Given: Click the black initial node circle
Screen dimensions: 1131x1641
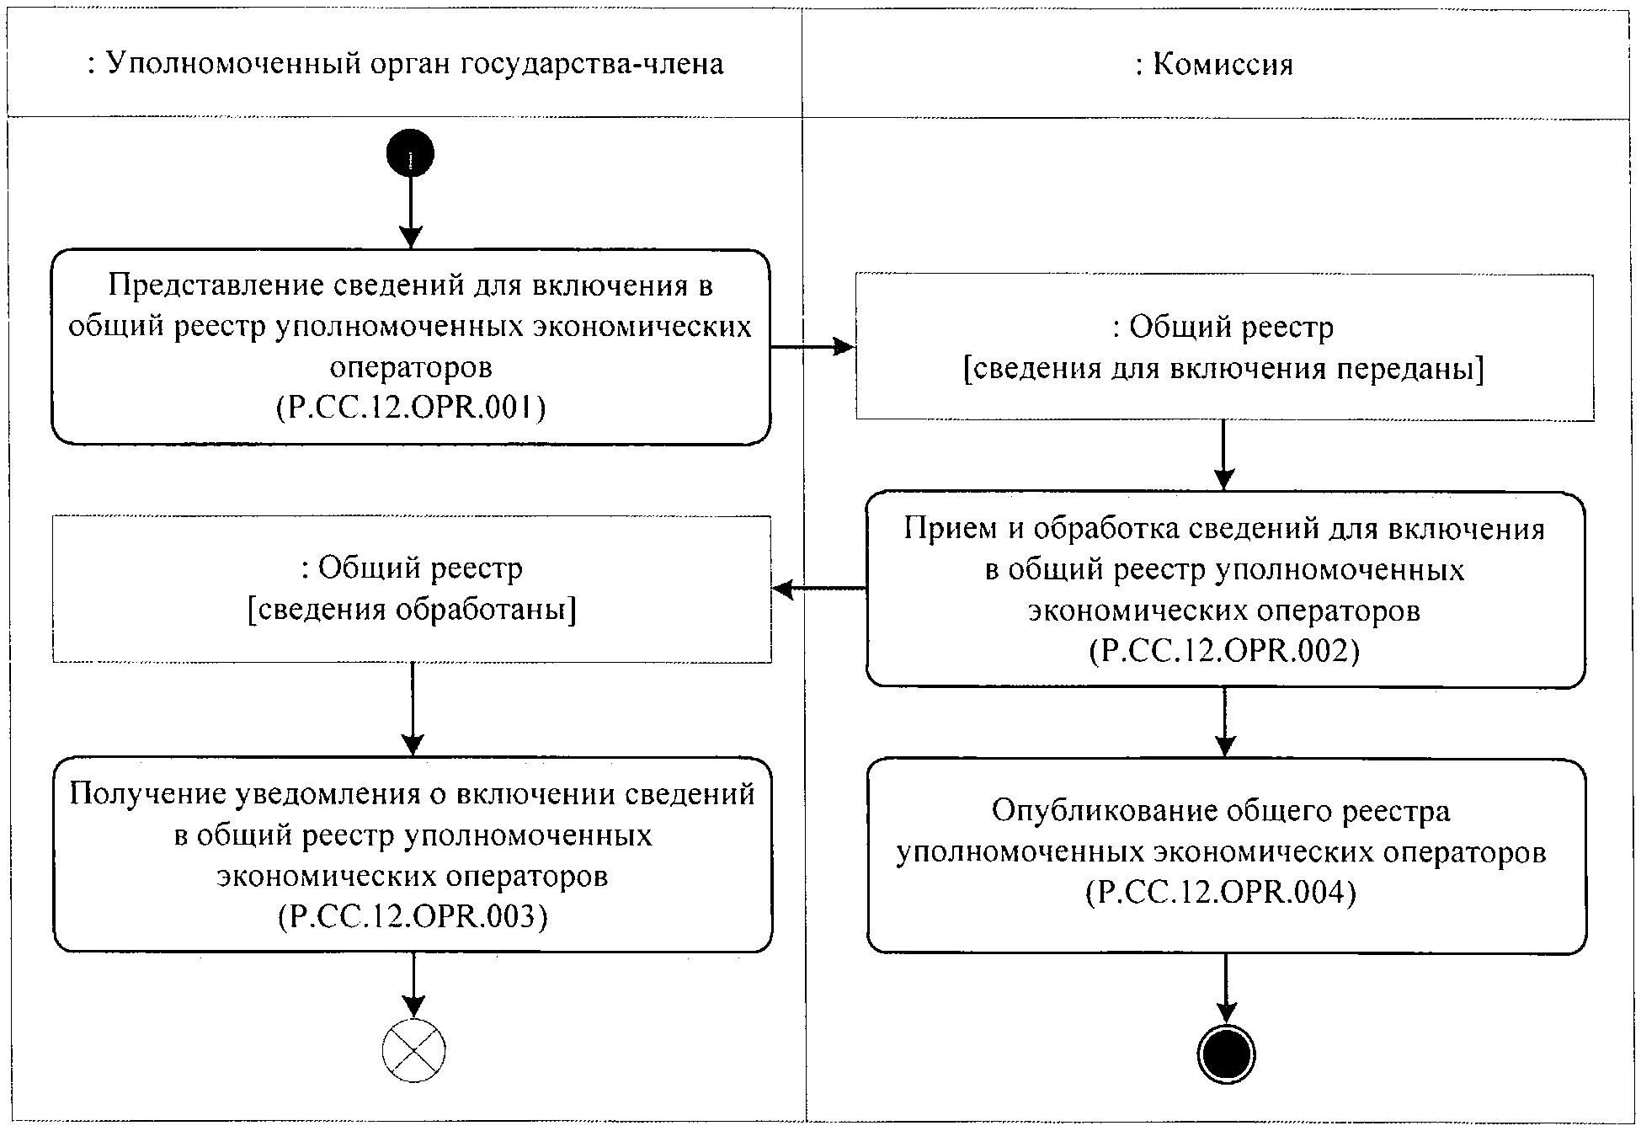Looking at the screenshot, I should coord(410,154).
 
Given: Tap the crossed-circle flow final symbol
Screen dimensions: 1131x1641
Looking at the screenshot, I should coord(413,1050).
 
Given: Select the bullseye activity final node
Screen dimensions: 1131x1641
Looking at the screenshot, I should coord(1226,1053).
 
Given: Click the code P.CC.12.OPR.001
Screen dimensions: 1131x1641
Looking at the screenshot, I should coord(411,408).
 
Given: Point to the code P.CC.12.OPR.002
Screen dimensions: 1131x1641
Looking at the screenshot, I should coord(1224,651).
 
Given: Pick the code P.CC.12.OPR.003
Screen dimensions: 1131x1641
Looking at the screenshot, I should coord(413,916).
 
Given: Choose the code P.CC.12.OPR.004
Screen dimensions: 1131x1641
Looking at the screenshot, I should coord(1221,893).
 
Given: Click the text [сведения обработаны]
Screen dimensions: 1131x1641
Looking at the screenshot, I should coord(412,610).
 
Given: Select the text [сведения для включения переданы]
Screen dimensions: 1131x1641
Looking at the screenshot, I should coord(1223,369).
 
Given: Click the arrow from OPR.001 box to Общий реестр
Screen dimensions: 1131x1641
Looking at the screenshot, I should coord(813,346).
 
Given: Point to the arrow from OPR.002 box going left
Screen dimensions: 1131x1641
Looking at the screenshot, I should coord(819,589).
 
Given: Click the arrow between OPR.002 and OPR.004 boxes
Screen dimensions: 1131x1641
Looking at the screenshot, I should coord(1225,723).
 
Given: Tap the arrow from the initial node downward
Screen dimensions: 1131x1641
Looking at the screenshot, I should coord(410,211).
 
